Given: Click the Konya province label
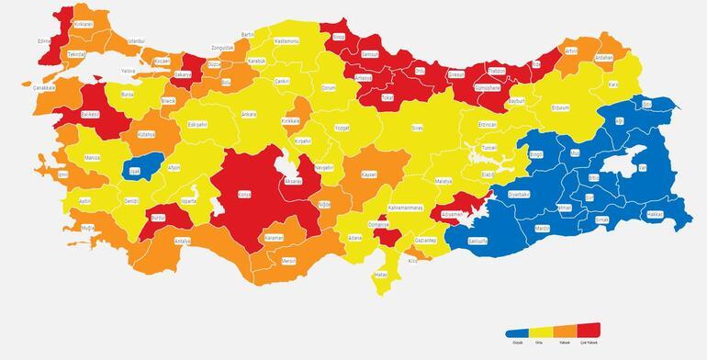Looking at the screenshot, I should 243,194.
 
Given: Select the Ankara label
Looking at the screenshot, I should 248,114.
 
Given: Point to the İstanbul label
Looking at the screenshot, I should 136,41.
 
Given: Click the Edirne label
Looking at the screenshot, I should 43,41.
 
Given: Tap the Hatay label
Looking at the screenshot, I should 380,275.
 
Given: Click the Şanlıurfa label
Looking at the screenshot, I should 477,241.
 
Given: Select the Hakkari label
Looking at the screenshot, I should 655,213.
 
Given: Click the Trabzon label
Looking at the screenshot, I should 497,71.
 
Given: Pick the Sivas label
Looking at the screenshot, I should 417,128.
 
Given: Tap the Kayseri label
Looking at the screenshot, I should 369,174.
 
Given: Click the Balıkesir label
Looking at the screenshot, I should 90,115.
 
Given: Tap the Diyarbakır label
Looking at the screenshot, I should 519,195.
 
